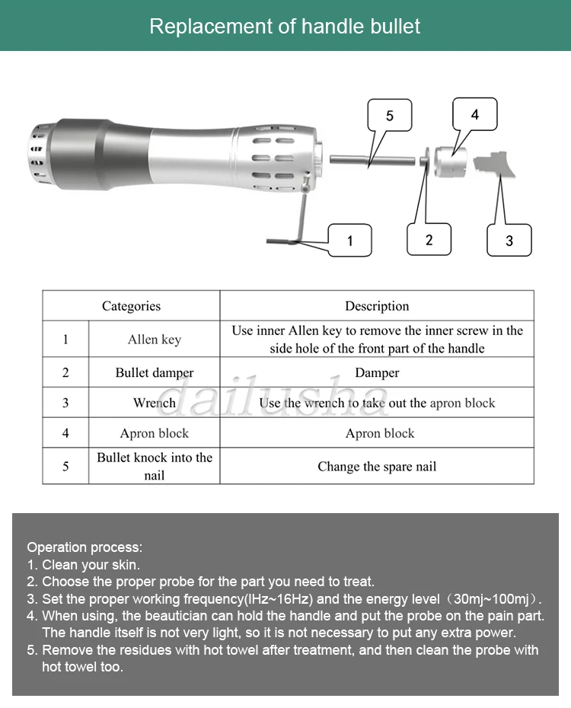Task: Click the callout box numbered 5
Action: coord(390,116)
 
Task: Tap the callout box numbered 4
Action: coord(475,115)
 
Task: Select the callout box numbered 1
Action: coord(349,241)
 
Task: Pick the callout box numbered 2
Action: coord(429,240)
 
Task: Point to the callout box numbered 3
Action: coord(509,241)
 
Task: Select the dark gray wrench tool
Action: coord(495,163)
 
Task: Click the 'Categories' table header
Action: coord(131,306)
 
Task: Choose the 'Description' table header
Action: coord(377,306)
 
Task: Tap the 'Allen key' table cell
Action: coord(155,340)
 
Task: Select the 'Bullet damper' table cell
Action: coord(155,373)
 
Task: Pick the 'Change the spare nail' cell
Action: coord(377,467)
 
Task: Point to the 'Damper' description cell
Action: coord(377,373)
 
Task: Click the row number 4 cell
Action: coord(65,433)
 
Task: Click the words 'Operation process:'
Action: coord(85,547)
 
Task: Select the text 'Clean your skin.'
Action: coord(91,565)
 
